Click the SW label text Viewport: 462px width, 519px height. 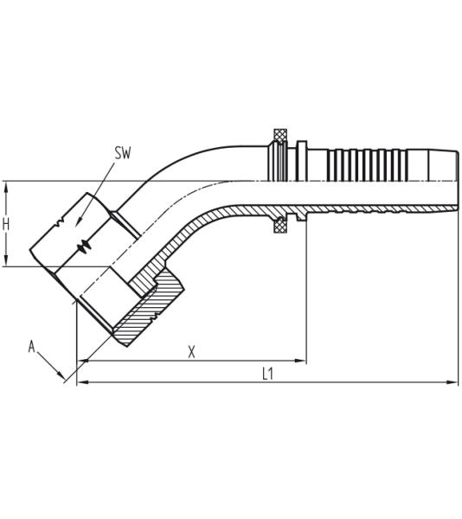click(123, 153)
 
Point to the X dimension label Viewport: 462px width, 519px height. click(191, 351)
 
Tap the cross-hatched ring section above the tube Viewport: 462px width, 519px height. click(280, 136)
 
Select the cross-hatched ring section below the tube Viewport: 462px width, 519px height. click(280, 226)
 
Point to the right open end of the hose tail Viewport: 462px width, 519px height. click(456, 181)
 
